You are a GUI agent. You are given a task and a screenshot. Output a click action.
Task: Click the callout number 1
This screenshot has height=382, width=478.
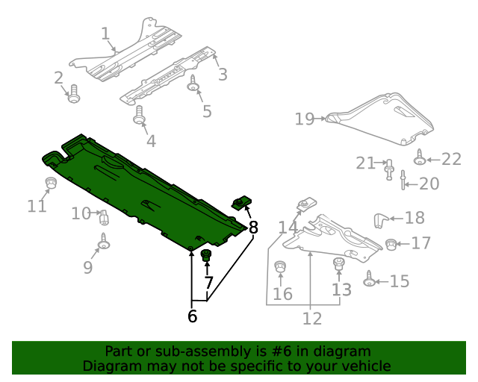click(105, 33)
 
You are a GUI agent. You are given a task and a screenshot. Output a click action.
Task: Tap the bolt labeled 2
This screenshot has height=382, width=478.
click(73, 95)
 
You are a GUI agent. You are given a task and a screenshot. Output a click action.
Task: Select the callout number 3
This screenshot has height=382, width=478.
click(222, 74)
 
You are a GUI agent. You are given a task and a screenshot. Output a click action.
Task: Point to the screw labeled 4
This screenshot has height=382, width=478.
click(139, 115)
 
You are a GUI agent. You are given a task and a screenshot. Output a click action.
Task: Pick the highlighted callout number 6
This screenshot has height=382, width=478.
click(192, 316)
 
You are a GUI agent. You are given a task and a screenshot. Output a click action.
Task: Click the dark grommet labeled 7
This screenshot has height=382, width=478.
click(207, 257)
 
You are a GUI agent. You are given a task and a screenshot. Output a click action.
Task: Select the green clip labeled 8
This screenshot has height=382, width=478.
click(241, 202)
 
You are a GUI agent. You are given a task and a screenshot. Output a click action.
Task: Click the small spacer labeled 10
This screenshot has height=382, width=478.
click(105, 217)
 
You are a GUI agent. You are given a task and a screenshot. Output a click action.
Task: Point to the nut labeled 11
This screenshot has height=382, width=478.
click(51, 184)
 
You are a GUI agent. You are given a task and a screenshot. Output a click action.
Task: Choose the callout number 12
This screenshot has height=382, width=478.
click(311, 319)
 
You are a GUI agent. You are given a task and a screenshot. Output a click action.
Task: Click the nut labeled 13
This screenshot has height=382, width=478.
click(338, 263)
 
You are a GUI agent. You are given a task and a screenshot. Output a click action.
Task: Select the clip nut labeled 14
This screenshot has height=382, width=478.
click(305, 204)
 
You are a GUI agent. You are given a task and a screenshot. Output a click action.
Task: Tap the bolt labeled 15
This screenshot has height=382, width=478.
click(369, 281)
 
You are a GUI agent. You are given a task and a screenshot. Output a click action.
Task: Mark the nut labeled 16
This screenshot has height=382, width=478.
click(281, 266)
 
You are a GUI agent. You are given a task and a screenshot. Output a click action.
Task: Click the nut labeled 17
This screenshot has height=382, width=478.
click(391, 242)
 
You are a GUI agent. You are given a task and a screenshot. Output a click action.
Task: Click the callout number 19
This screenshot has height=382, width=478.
click(304, 118)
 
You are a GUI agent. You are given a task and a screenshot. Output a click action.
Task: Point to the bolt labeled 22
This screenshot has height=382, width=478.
click(420, 157)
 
